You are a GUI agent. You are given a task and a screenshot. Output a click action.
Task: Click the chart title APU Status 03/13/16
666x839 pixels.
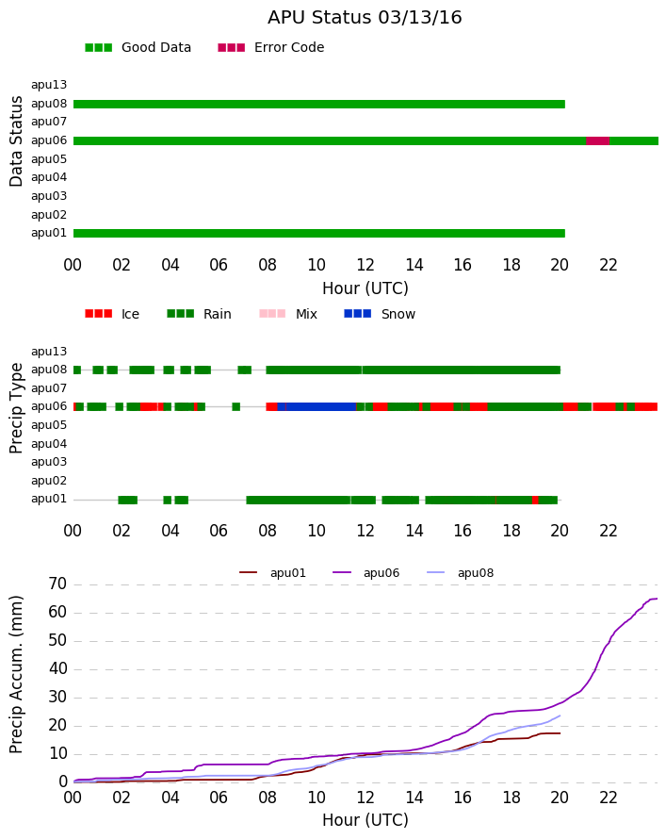[x=365, y=17]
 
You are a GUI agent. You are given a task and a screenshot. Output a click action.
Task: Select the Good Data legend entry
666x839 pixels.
[x=138, y=47]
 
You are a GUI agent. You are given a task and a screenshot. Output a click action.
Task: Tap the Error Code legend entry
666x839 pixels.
[x=271, y=47]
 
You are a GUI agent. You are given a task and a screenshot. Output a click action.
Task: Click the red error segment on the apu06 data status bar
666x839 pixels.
[x=597, y=140]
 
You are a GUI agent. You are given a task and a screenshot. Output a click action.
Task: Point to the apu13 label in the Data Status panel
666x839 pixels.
[x=49, y=85]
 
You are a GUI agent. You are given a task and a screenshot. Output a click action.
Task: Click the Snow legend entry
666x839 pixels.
[x=380, y=314]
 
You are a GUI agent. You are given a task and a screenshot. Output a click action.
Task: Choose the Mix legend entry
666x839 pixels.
[x=288, y=314]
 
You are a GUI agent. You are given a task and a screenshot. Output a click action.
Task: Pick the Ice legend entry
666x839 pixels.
[x=112, y=314]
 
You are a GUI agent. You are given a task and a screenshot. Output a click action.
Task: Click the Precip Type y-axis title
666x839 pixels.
[x=16, y=408]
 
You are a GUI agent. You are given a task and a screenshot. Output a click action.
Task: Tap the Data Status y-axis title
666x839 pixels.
[x=16, y=141]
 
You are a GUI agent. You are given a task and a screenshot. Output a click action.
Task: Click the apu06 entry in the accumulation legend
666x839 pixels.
[x=366, y=572]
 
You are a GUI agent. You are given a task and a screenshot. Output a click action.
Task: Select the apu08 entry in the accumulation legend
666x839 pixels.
[x=461, y=572]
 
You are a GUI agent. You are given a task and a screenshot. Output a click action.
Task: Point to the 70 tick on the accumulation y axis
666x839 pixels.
[x=57, y=584]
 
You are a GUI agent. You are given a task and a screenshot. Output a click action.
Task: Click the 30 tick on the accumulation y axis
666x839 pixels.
[x=57, y=698]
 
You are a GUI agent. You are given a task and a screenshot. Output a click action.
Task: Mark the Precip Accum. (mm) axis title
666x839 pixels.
[x=16, y=675]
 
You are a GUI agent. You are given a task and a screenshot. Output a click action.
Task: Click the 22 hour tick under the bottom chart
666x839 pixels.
[x=609, y=798]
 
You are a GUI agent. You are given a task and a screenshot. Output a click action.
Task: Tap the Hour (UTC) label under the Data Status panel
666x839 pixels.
[x=365, y=288]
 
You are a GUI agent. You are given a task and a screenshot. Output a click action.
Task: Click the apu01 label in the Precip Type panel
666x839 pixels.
[x=49, y=499]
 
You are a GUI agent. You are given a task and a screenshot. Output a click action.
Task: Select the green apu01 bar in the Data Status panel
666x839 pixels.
[x=319, y=233]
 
